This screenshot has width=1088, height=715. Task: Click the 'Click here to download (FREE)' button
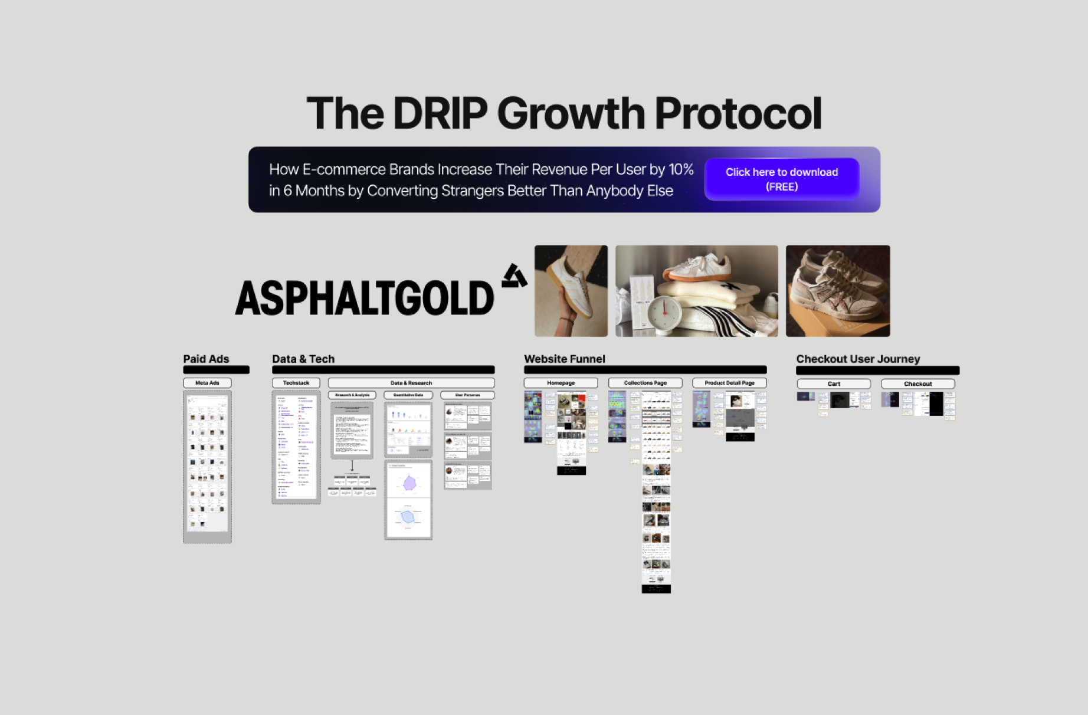(781, 179)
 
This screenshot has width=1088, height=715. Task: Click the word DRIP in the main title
(440, 113)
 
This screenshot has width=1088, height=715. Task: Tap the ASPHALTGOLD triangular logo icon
(514, 276)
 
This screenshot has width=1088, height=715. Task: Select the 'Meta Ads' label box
(207, 383)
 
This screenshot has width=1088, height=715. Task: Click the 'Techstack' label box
(296, 383)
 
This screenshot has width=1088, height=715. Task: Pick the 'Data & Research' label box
(411, 383)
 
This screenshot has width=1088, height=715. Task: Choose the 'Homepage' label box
(561, 383)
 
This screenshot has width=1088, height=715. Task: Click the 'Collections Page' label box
(645, 383)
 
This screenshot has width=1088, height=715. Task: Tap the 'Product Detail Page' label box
(729, 383)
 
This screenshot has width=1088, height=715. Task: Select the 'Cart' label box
(833, 383)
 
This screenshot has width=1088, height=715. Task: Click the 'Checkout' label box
(917, 383)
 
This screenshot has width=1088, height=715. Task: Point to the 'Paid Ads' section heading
(206, 359)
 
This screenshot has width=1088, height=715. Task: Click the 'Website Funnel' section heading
(564, 359)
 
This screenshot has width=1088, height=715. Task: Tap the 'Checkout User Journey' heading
(858, 359)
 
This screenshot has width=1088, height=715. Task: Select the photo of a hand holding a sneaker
(571, 291)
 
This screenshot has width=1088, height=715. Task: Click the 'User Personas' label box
(467, 395)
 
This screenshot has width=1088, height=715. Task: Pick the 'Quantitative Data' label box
(408, 395)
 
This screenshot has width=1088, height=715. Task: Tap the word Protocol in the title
(738, 113)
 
